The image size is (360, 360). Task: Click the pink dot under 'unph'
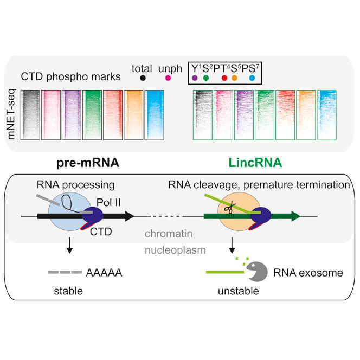click(x=168, y=79)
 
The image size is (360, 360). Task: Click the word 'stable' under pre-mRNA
click(x=68, y=291)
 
